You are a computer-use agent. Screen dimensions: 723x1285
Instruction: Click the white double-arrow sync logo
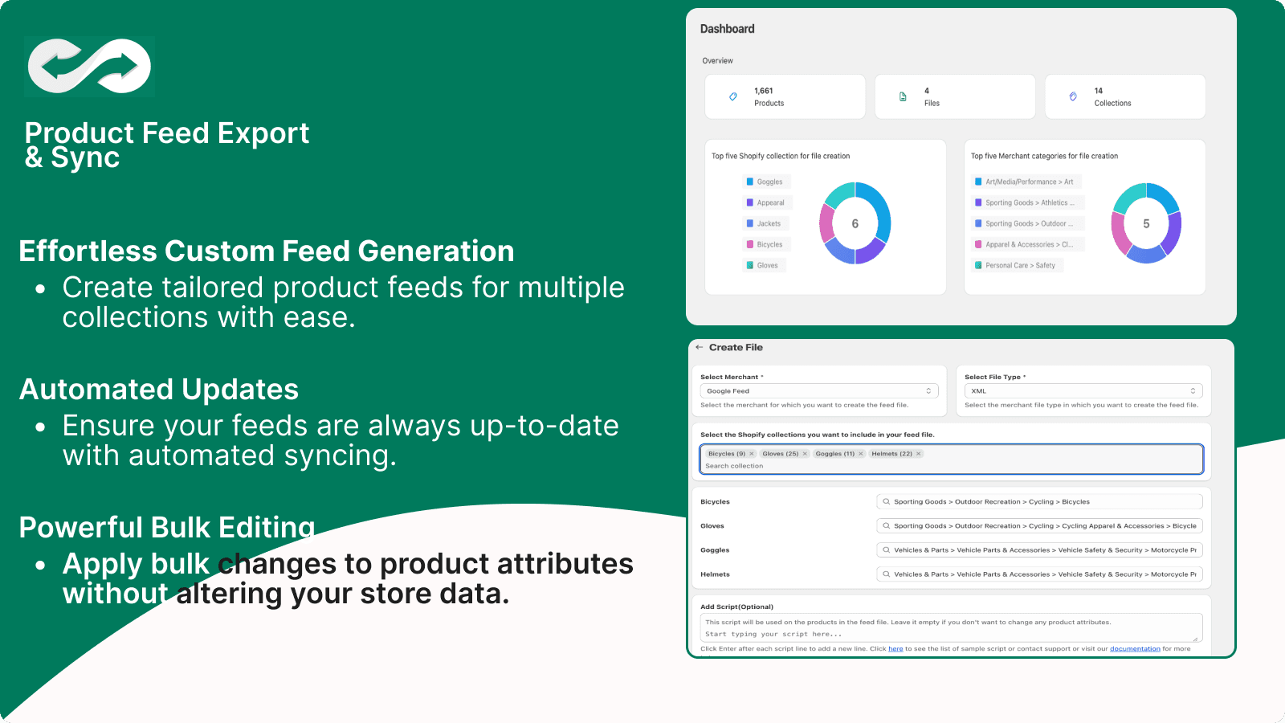(x=89, y=66)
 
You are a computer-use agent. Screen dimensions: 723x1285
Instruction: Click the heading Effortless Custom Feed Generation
(x=266, y=251)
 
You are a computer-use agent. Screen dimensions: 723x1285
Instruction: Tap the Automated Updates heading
(x=159, y=390)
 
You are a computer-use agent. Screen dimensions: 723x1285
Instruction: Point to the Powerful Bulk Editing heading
(x=167, y=528)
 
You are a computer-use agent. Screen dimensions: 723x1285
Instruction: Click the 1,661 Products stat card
(x=785, y=97)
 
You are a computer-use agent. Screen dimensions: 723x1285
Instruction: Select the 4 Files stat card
(x=954, y=97)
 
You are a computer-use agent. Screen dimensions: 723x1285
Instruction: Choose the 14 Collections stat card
(x=1124, y=97)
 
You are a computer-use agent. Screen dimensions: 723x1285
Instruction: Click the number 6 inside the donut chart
(x=855, y=224)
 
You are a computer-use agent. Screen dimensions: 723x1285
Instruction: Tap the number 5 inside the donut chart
(x=1146, y=224)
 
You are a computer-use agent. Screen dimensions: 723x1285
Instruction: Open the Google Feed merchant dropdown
(x=818, y=391)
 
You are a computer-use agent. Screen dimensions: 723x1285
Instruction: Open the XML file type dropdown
(x=1083, y=391)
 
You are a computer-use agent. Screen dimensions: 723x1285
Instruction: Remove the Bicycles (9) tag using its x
(x=752, y=454)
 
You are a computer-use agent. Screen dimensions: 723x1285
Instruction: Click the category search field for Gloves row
(x=1039, y=526)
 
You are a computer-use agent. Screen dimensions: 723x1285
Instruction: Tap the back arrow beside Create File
(x=700, y=348)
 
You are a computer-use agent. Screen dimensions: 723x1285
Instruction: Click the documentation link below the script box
(x=1135, y=649)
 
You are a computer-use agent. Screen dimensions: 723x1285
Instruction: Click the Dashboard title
(x=727, y=29)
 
